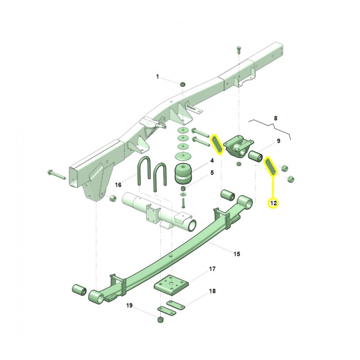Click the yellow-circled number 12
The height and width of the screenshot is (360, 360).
pyautogui.click(x=274, y=203)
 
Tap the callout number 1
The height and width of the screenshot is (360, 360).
pyautogui.click(x=157, y=76)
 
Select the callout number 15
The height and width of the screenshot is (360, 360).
pyautogui.click(x=237, y=254)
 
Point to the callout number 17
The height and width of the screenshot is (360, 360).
pyautogui.click(x=212, y=269)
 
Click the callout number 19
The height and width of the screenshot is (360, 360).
pyautogui.click(x=129, y=306)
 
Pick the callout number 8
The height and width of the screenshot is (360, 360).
pyautogui.click(x=275, y=118)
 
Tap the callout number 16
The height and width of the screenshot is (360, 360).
pyautogui.click(x=118, y=185)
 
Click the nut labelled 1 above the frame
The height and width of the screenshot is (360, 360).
pyautogui.click(x=183, y=84)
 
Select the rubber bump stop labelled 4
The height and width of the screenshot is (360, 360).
pyautogui.click(x=183, y=174)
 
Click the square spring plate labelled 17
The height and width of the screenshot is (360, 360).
pyautogui.click(x=171, y=285)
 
